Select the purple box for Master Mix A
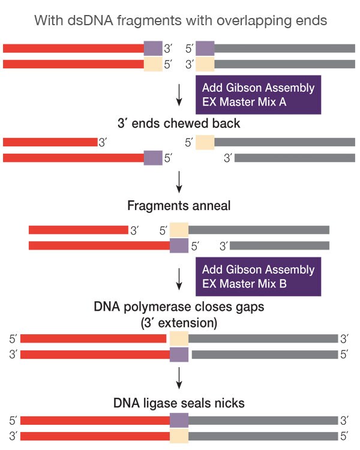[258, 94]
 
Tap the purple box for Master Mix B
[258, 277]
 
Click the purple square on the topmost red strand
[153, 49]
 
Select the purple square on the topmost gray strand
[205, 49]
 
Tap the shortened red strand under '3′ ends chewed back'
[50, 142]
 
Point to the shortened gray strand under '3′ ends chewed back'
[294, 158]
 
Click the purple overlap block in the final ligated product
[179, 419]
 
